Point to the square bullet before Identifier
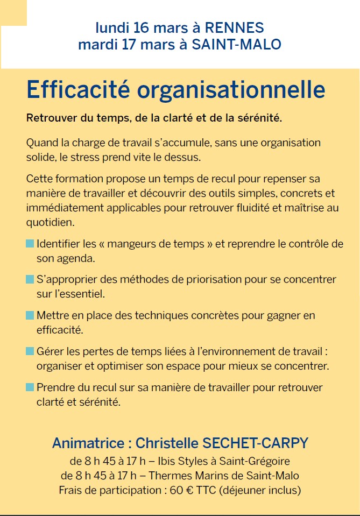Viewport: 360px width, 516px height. pos(30,244)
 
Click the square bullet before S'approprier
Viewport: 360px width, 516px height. pos(30,280)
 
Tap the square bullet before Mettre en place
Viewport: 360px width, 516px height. pos(30,315)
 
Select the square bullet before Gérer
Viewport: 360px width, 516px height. pos(30,351)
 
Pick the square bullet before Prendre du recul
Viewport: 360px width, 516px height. pos(30,387)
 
